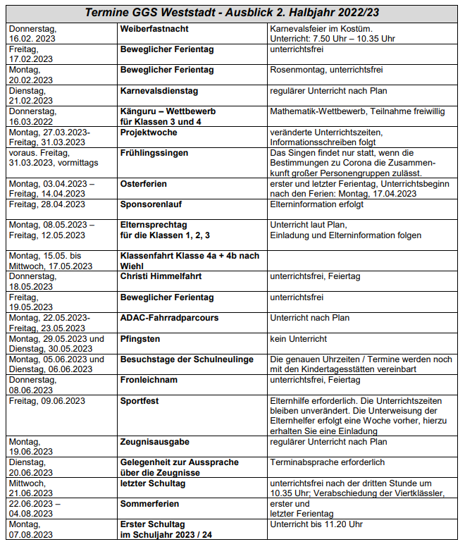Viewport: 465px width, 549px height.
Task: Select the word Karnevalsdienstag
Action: tap(159, 91)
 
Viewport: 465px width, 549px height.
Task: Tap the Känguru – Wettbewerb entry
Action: tap(168, 111)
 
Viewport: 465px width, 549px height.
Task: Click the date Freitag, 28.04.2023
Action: tap(47, 204)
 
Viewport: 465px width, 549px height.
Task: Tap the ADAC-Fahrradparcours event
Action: tap(169, 318)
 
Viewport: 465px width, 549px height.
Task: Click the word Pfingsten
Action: tap(140, 338)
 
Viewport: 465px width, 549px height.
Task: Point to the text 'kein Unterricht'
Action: tap(299, 338)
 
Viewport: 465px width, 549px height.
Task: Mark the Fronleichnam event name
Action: tap(149, 380)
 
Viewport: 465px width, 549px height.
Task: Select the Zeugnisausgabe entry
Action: tap(155, 442)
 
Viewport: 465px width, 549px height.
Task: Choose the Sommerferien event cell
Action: tap(150, 504)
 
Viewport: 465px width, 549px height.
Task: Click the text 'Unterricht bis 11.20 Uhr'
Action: tap(316, 524)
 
